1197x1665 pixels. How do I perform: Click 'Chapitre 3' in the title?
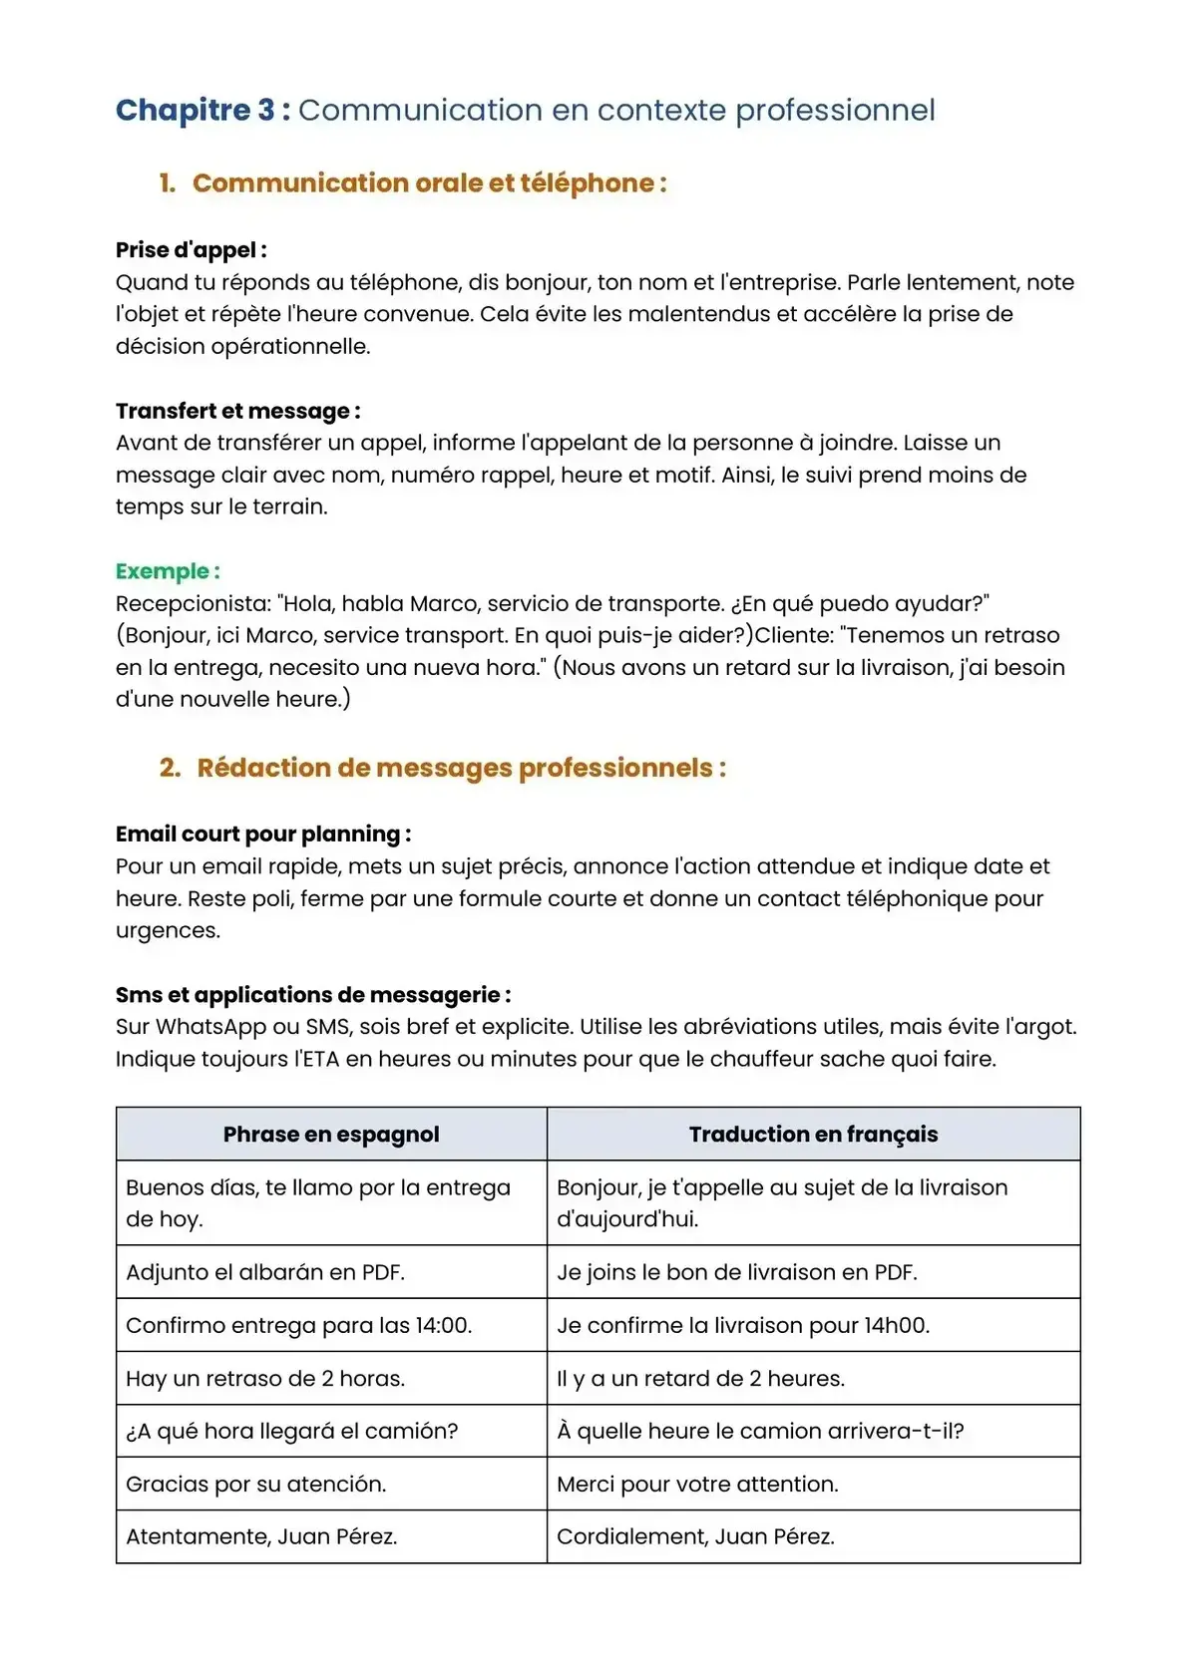coord(195,110)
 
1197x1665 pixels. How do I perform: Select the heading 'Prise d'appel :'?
coord(191,250)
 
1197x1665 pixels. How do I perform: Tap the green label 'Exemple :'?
coord(167,571)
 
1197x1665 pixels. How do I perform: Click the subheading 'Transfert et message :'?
coord(237,411)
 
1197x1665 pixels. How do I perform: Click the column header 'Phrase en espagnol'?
coord(331,1135)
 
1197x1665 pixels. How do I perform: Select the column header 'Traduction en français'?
coord(813,1135)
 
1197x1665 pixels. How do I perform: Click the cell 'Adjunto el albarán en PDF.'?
coord(265,1272)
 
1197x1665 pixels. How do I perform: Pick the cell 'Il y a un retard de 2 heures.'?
coord(700,1379)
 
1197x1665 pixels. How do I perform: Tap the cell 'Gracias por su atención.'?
coord(255,1485)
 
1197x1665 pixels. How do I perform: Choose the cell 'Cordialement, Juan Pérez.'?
coord(695,1537)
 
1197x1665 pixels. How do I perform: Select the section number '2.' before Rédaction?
coord(170,768)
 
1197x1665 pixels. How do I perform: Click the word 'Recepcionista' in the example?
coord(193,604)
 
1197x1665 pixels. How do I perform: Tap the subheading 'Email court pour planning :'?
coord(262,834)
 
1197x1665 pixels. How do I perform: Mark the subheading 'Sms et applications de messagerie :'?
coord(313,995)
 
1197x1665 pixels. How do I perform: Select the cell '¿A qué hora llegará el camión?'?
coord(291,1432)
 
